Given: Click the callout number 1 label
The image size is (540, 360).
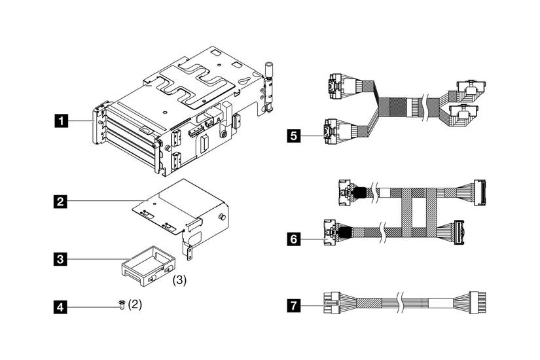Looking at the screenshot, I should coord(61,120).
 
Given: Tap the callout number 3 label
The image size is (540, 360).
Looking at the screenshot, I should coord(61,259).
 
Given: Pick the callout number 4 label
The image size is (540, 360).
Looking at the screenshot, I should coord(61,305).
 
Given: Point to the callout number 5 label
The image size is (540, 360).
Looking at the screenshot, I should coord(294,136).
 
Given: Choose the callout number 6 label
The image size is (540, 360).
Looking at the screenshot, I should coord(294,240).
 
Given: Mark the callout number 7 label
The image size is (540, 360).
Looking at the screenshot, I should coord(294,305).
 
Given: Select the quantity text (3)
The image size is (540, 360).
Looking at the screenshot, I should coord(179,279).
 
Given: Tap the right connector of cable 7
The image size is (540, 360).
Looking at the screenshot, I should coord(482,304).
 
